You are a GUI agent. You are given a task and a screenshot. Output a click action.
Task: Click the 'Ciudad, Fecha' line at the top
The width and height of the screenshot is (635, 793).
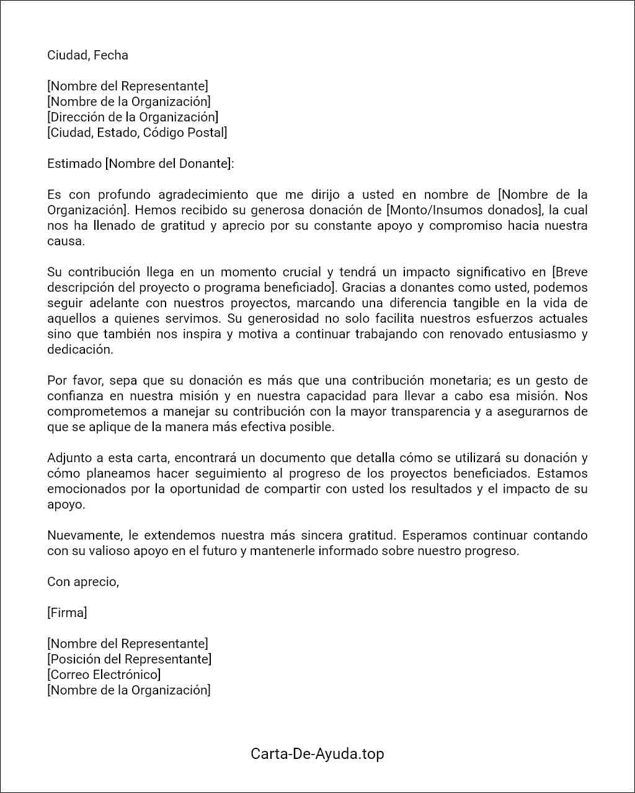[87, 55]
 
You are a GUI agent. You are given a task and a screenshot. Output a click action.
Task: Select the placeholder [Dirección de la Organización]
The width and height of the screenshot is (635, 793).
[133, 117]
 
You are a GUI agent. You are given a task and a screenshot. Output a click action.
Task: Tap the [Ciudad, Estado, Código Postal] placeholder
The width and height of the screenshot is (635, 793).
[137, 133]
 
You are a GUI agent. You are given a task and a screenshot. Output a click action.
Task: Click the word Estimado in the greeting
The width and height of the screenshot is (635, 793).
[74, 164]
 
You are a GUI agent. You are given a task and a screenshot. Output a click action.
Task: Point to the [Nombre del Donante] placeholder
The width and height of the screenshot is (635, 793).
[169, 164]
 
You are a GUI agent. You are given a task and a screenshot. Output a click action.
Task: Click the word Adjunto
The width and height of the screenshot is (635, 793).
[69, 458]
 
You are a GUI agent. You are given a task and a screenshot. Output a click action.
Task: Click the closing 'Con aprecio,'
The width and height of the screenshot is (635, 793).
[83, 582]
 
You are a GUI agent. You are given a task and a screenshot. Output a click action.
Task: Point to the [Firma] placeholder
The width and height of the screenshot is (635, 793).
[67, 613]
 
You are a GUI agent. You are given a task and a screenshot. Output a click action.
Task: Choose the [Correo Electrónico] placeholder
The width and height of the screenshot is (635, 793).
[104, 675]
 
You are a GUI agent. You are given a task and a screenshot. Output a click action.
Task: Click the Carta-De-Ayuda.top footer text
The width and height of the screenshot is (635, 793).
[317, 754]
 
